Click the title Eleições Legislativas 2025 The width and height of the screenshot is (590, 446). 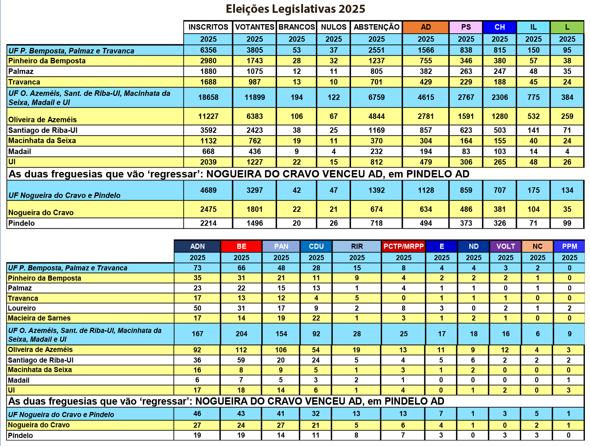[295, 9]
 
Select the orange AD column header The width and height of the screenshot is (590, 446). [426, 27]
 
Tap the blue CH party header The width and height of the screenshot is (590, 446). [500, 27]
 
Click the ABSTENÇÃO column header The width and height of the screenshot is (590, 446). [376, 27]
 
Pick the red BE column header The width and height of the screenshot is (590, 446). [241, 246]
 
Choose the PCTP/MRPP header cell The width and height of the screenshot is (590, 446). [403, 246]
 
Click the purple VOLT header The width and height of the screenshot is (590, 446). [505, 246]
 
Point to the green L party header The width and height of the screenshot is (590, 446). [567, 27]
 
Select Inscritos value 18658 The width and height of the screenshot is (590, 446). [208, 97]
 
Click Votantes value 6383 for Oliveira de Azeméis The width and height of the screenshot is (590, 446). [254, 116]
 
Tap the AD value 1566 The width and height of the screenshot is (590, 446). [426, 50]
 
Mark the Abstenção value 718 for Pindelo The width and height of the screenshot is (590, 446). [376, 223]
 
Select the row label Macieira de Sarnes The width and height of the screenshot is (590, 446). [39, 318]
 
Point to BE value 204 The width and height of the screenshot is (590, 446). [241, 334]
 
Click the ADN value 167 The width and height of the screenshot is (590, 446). [197, 334]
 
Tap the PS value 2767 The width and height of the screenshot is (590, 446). [466, 97]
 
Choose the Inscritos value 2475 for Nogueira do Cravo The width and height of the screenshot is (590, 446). [208, 209]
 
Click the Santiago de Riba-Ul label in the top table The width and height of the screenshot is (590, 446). [43, 130]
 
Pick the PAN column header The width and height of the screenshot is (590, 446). [281, 246]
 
